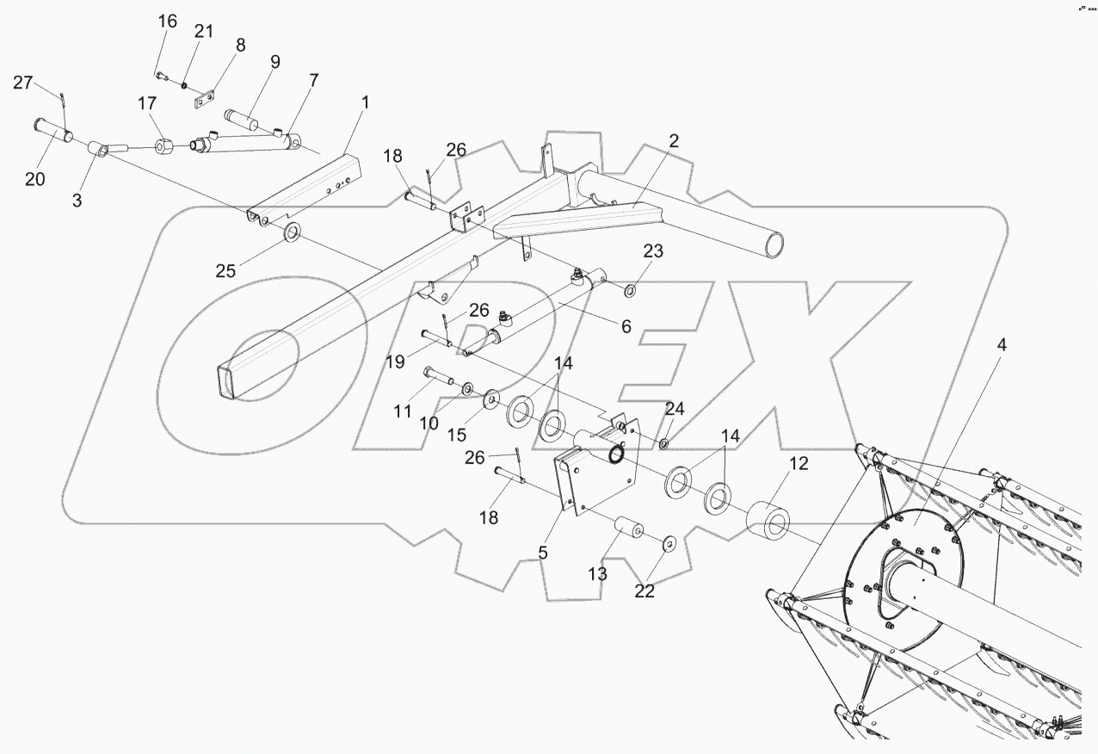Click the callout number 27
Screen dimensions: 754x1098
pos(22,83)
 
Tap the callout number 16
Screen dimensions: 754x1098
pos(167,22)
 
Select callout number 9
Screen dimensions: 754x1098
pos(274,62)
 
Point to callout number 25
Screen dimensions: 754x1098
pos(226,269)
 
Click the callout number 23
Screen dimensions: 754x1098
pos(654,251)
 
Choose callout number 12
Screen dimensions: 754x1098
pos(799,464)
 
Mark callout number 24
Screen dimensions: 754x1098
pos(674,409)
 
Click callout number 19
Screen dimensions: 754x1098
pos(395,362)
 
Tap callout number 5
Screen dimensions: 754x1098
pos(543,553)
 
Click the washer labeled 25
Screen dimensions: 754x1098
pos(291,232)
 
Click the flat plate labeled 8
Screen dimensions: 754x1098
pos(204,101)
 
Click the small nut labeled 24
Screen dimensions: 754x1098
pos(664,443)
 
